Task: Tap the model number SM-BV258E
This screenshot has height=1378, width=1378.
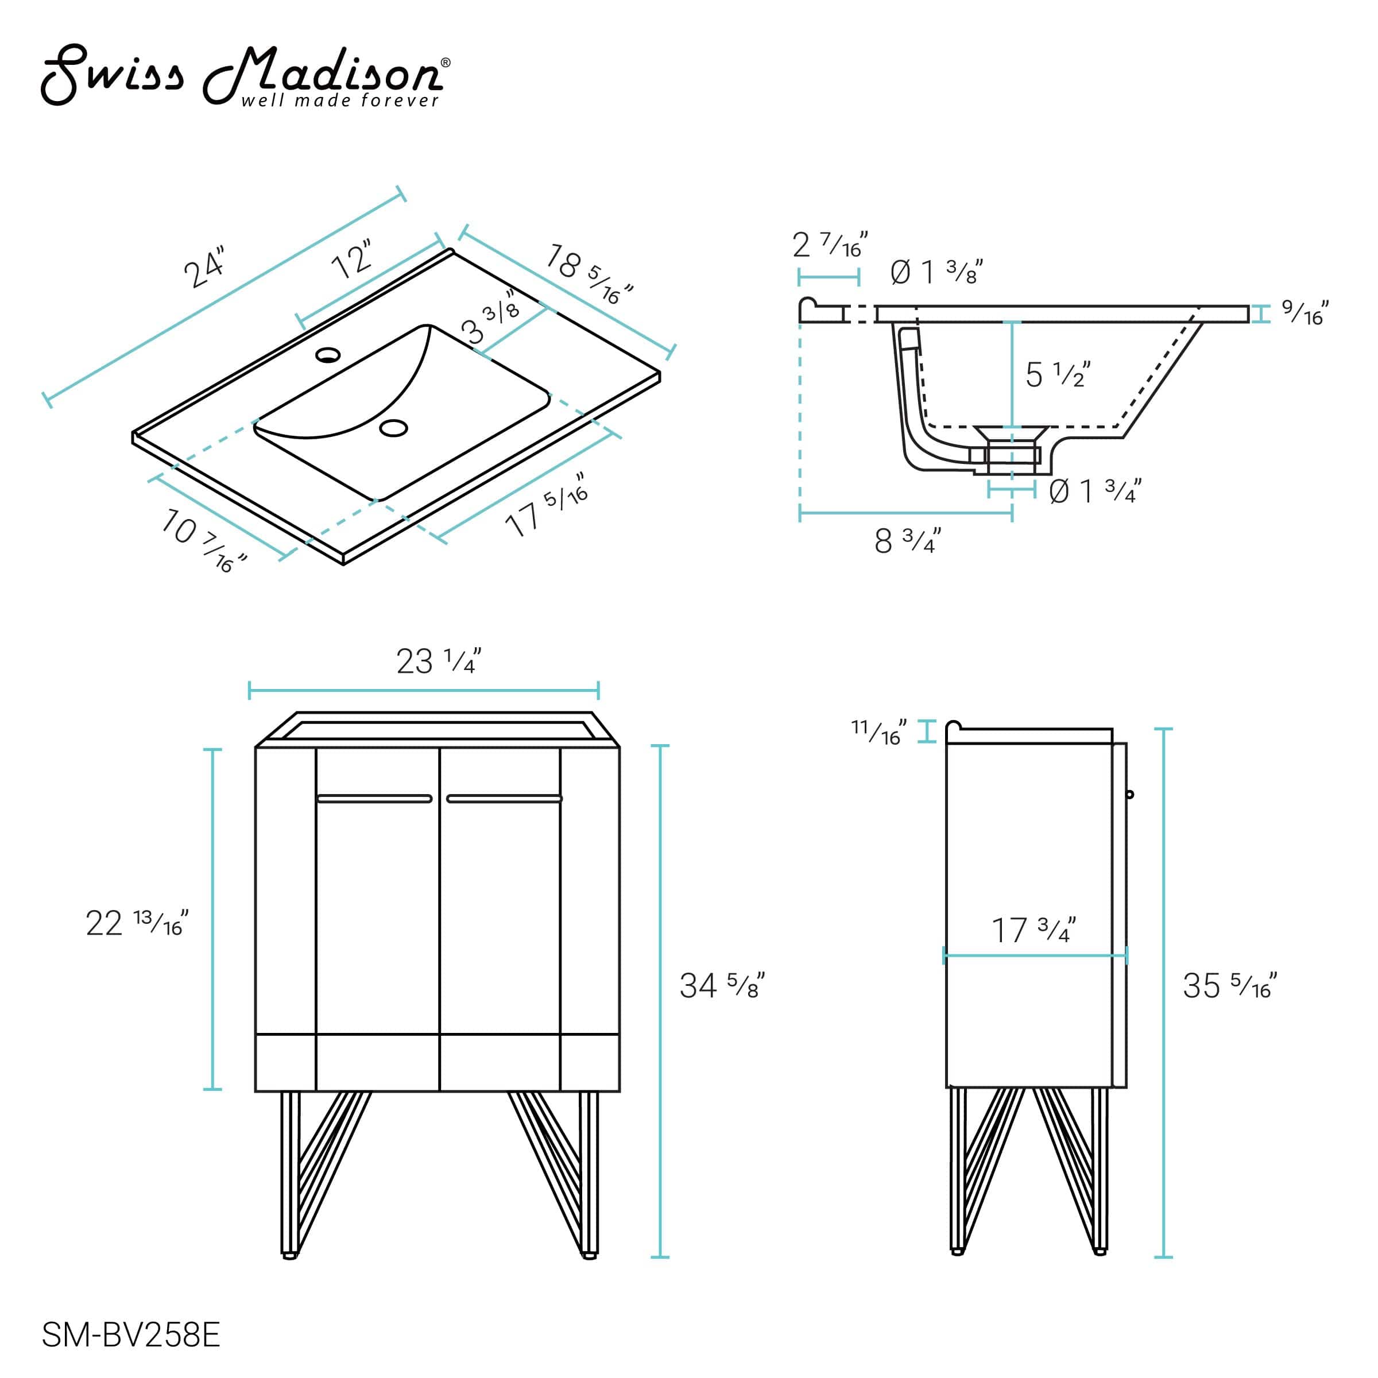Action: [x=130, y=1334]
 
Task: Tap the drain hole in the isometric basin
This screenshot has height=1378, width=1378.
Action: [x=393, y=428]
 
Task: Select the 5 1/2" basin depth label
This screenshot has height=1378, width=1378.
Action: [x=1057, y=375]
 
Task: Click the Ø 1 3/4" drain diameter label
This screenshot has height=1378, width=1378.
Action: [x=1095, y=491]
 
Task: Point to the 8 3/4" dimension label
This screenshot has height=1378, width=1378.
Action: [x=907, y=541]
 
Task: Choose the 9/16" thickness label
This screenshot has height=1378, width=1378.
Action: [x=1305, y=312]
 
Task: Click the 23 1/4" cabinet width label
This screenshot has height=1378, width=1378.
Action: [x=439, y=661]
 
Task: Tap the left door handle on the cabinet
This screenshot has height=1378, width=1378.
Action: [x=374, y=798]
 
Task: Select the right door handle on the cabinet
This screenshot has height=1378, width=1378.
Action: [x=504, y=798]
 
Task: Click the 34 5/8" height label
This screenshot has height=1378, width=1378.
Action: [x=721, y=986]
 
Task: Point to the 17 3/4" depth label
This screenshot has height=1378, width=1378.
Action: [x=1033, y=931]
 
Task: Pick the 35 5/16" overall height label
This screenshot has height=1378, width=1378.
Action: [x=1229, y=986]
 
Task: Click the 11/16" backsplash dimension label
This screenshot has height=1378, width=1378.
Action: [x=878, y=732]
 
